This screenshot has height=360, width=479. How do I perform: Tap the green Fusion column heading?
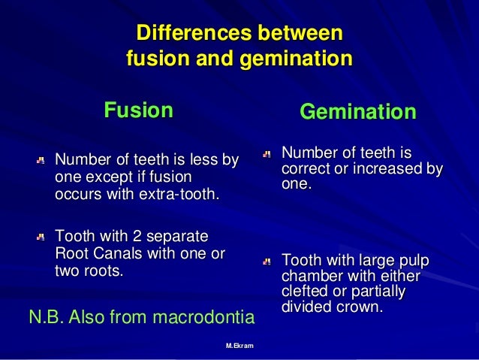(138, 110)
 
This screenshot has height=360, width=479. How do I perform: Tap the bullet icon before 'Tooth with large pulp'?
(267, 262)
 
